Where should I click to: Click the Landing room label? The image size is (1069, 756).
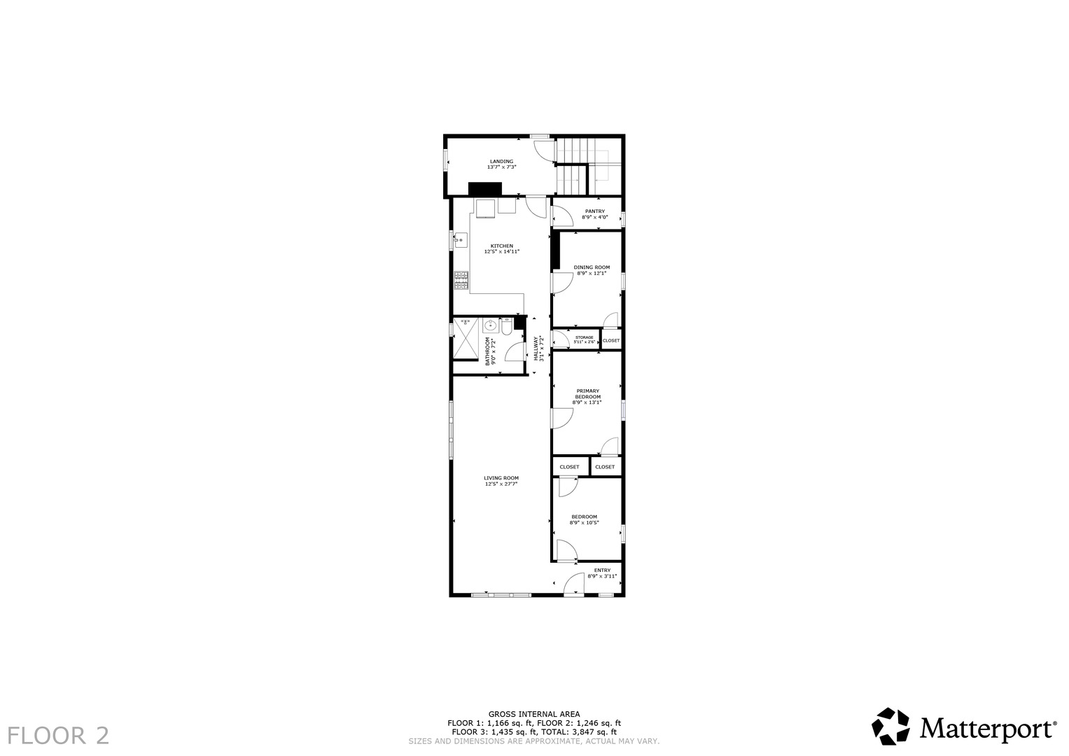click(x=501, y=161)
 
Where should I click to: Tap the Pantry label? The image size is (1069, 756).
click(x=594, y=211)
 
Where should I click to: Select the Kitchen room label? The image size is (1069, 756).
click(x=501, y=246)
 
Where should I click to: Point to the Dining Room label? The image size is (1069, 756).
click(x=592, y=267)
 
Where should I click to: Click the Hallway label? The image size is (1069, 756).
click(x=536, y=349)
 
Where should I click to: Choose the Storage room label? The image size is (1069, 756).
click(x=584, y=337)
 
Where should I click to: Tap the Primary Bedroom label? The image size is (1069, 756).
click(x=587, y=393)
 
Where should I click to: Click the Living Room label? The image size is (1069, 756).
click(x=501, y=477)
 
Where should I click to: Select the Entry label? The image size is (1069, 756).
click(x=602, y=570)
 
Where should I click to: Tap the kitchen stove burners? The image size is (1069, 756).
click(x=461, y=281)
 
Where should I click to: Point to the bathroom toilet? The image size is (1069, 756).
click(x=506, y=326)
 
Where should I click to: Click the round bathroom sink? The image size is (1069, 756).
click(x=491, y=326)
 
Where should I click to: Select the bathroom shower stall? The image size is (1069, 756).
click(x=466, y=338)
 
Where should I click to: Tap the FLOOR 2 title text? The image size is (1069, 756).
click(x=58, y=736)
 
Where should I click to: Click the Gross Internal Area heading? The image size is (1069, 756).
click(x=534, y=714)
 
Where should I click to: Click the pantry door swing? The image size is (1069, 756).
click(x=563, y=216)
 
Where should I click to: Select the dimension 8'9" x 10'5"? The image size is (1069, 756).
click(x=584, y=523)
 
